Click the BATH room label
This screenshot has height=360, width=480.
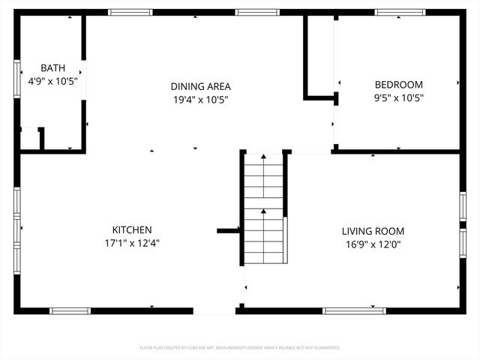point(52,67)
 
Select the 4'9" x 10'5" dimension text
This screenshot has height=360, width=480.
point(52,80)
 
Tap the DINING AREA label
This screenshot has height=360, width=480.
point(200,85)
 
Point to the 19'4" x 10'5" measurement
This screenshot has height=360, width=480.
point(200,98)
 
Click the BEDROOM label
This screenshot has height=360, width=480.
point(398,85)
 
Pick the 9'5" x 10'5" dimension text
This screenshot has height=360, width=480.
point(398,97)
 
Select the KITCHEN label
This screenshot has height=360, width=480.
point(133,229)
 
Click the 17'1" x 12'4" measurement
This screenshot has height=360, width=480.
point(133,242)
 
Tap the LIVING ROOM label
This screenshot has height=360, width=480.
point(373,231)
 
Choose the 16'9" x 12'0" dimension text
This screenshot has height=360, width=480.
point(373,244)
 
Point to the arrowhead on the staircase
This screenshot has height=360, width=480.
point(264,157)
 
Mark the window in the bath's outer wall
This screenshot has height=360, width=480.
point(17,78)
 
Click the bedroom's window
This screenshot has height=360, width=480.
point(397,12)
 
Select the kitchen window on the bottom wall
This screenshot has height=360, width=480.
point(70,310)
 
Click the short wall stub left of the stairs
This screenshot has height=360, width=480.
point(227,231)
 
